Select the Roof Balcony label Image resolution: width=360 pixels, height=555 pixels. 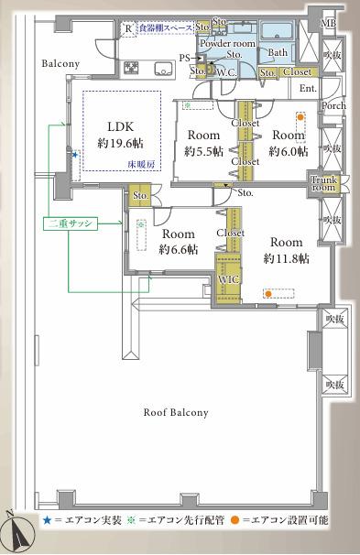176,412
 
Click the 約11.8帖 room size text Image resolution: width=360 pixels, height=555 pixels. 286,259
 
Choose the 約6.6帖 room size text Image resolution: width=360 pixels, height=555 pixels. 180,250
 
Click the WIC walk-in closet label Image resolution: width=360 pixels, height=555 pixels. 228,279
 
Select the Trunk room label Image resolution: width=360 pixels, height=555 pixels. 325,182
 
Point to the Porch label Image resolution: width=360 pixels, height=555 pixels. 332,106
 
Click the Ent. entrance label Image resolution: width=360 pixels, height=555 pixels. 307,88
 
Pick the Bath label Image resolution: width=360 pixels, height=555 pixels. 277,52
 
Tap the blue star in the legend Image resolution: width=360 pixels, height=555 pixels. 45,520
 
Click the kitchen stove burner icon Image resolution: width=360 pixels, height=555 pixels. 131,68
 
